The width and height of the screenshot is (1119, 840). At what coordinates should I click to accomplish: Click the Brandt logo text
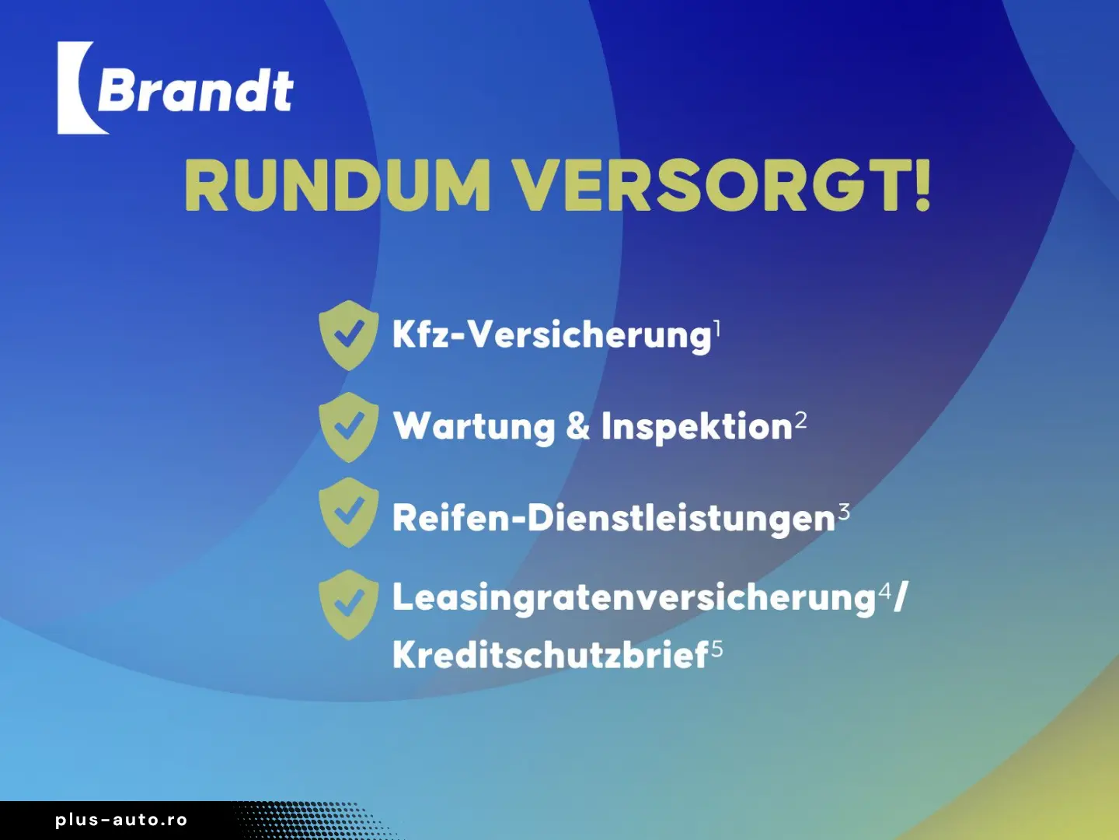tap(195, 90)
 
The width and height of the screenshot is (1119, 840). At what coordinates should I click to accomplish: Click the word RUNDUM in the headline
tap(337, 185)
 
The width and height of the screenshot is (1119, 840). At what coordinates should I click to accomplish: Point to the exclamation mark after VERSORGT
tap(922, 185)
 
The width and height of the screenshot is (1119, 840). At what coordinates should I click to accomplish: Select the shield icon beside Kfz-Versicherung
tap(349, 335)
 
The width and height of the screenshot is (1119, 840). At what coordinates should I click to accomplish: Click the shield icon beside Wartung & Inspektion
tap(349, 428)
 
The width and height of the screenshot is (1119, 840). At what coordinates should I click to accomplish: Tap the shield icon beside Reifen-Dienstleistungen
tap(349, 513)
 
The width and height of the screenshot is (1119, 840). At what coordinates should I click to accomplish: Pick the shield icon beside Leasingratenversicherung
tap(349, 605)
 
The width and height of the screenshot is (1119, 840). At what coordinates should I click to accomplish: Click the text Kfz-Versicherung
tap(552, 336)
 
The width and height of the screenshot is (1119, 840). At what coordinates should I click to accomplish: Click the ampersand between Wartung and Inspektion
tap(578, 426)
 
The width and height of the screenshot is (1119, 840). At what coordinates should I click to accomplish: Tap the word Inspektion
tap(697, 426)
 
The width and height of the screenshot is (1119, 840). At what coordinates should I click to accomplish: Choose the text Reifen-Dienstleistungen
tap(614, 519)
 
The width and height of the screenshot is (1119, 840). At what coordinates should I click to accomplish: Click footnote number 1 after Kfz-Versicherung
tap(716, 328)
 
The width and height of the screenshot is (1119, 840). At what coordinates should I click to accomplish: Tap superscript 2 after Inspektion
tap(801, 420)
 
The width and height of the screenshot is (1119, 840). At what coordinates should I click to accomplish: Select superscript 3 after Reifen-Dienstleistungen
tap(844, 512)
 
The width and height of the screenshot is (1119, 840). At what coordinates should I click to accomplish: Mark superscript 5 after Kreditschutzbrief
tap(716, 649)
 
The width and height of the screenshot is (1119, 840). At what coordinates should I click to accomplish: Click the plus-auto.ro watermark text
tap(121, 820)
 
